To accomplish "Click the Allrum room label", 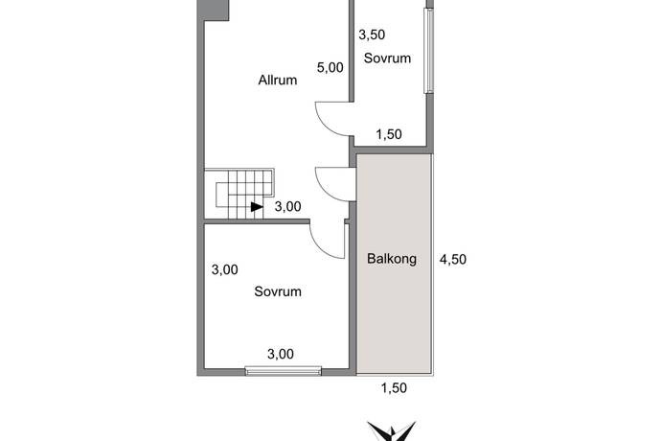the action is tap(278, 80).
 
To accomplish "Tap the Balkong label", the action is tap(392, 258).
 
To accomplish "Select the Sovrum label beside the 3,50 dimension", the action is tap(387, 58).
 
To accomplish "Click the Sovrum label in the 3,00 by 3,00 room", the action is tap(278, 291).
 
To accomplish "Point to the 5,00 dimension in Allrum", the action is tap(330, 67).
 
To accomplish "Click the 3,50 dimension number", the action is tap(372, 35).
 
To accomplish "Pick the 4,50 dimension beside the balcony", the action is tap(453, 259).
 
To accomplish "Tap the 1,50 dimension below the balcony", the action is tap(394, 388).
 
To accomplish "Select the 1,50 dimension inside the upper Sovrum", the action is tap(389, 134).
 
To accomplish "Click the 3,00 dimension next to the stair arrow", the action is tap(288, 206).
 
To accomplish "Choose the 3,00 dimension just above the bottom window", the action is tap(281, 354).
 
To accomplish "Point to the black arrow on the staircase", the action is tap(257, 207).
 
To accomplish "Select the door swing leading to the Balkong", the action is tap(326, 191).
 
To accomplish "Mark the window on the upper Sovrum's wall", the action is tap(429, 51).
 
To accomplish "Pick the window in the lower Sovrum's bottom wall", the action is tap(284, 371).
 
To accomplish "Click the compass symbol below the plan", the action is tap(392, 431).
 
